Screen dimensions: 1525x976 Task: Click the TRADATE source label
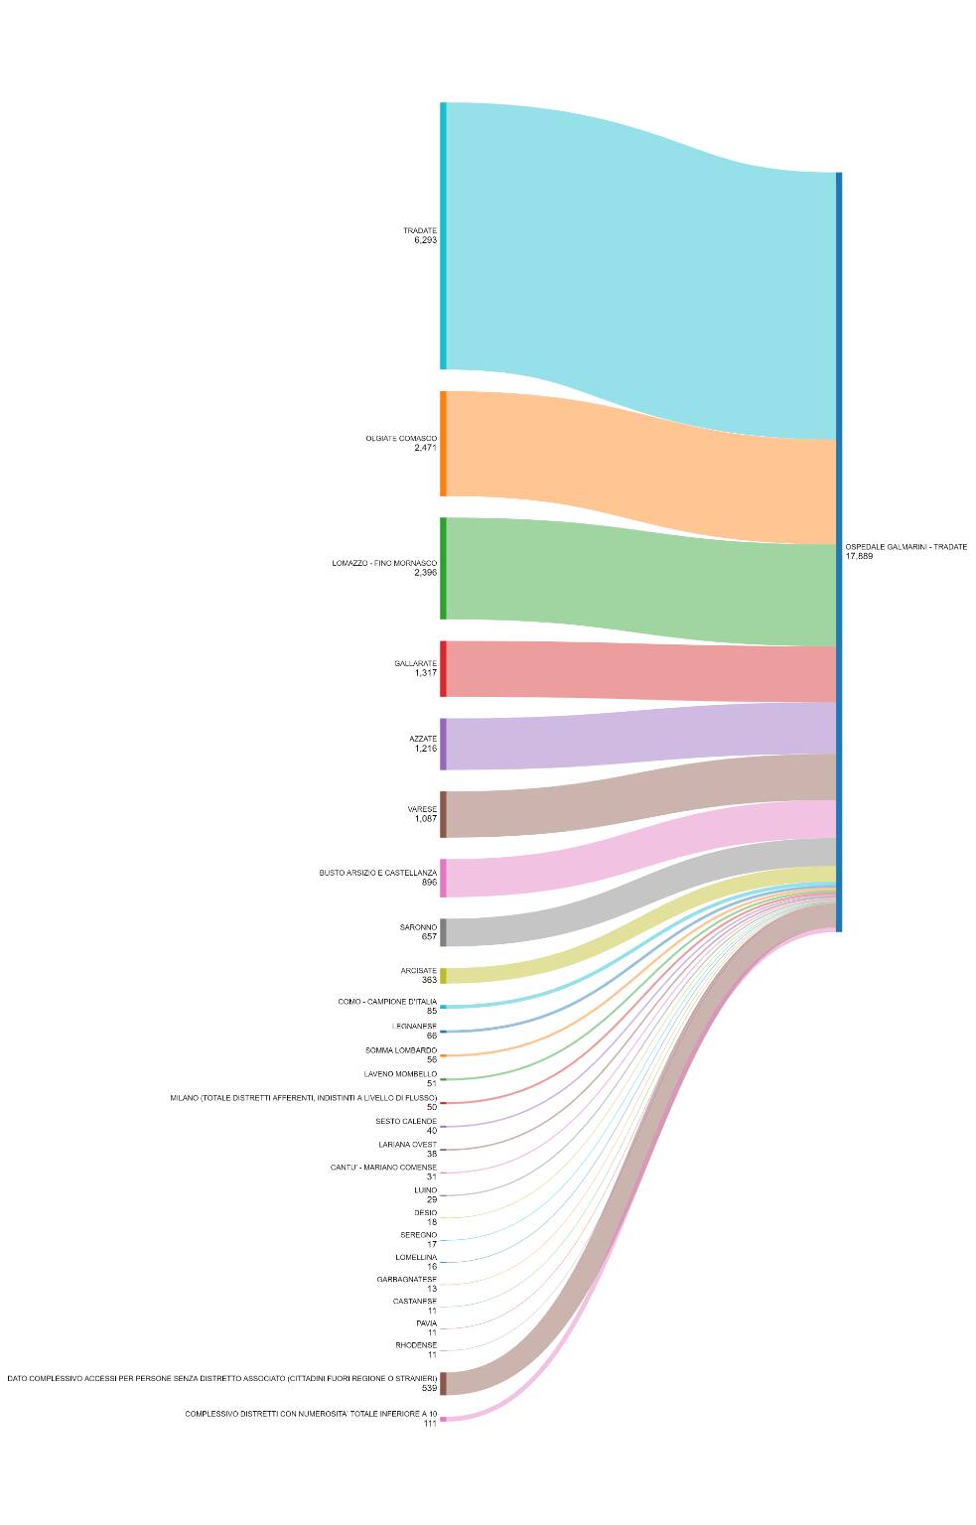419,230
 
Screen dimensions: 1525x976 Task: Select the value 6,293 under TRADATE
425,240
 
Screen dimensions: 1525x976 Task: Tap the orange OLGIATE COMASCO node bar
443,443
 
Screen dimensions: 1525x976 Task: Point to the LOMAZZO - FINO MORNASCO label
384,563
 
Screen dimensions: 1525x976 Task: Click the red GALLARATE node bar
443,668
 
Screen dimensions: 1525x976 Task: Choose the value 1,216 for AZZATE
425,749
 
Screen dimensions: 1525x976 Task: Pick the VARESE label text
422,809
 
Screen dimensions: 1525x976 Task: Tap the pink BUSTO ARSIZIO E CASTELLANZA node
443,878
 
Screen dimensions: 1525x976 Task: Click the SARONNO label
418,927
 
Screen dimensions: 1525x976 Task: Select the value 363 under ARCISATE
429,980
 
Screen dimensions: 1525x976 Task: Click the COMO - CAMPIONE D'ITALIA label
386,1002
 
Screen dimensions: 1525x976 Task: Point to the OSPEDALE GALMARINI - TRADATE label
906,547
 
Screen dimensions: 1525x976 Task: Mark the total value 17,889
859,557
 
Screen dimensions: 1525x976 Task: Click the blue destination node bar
839,552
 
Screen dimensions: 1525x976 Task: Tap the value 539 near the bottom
429,1388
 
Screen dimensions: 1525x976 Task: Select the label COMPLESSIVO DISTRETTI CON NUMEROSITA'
310,1414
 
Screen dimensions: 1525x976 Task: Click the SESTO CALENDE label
405,1121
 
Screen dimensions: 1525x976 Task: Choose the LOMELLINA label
415,1257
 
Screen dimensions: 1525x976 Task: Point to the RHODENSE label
415,1345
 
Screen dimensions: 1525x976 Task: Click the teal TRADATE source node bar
443,235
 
